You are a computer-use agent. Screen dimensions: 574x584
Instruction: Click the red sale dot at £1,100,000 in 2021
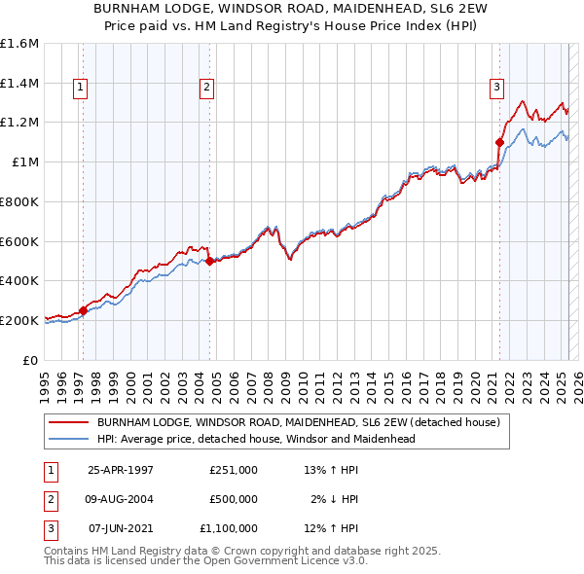[499, 142]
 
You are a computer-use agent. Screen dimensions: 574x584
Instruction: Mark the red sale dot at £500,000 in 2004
[209, 260]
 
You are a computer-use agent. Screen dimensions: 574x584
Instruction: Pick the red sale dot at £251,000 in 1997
[83, 309]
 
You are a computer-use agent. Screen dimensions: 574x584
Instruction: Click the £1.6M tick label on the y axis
[19, 44]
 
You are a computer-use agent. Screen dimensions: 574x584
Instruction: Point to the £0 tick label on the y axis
[31, 359]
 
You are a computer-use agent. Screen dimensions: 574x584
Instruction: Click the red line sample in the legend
[68, 423]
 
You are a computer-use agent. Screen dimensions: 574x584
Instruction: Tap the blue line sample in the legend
[68, 439]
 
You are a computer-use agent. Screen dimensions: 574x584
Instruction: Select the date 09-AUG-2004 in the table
[121, 499]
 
